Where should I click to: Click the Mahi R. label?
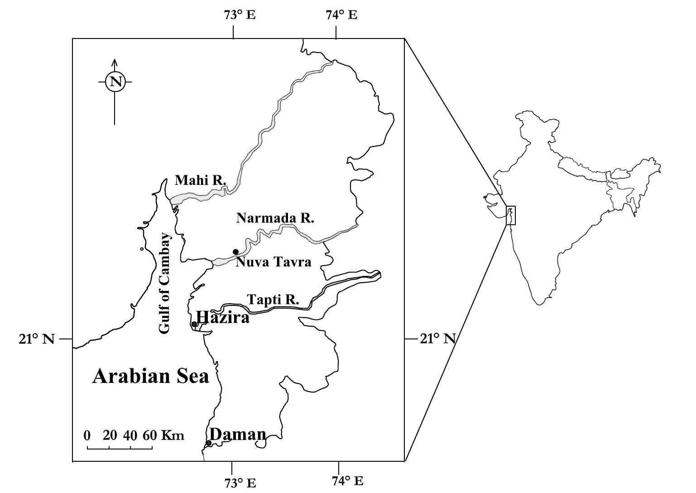coord(201,180)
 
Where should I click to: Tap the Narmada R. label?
coord(275,218)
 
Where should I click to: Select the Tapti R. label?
coord(273,300)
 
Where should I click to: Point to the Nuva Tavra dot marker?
coord(235,252)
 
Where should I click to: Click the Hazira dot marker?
coord(194,324)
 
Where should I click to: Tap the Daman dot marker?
coord(209,443)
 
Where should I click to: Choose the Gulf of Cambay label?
coord(165,284)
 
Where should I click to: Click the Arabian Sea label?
coord(151,377)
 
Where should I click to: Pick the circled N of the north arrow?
coord(115,82)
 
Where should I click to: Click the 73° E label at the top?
coord(240,15)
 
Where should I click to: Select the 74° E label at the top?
coord(341,15)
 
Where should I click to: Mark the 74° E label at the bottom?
coord(347,480)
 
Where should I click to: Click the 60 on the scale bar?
coord(150,435)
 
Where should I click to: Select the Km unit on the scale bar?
coord(173,436)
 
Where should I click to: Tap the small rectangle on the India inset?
coord(511,215)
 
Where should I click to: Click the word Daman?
coord(238,434)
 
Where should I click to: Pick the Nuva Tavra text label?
coord(274,262)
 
